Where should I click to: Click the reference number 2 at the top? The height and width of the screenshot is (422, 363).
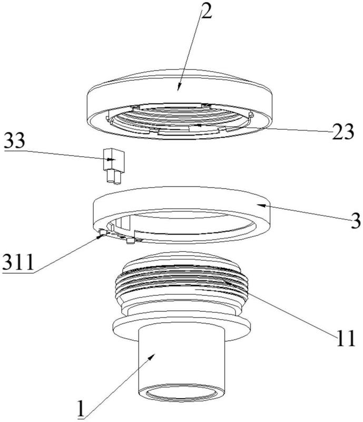pyautogui.click(x=205, y=12)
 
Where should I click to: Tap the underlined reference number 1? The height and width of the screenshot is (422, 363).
pyautogui.click(x=81, y=407)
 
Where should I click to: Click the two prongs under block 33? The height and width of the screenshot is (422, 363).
pyautogui.click(x=111, y=178)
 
